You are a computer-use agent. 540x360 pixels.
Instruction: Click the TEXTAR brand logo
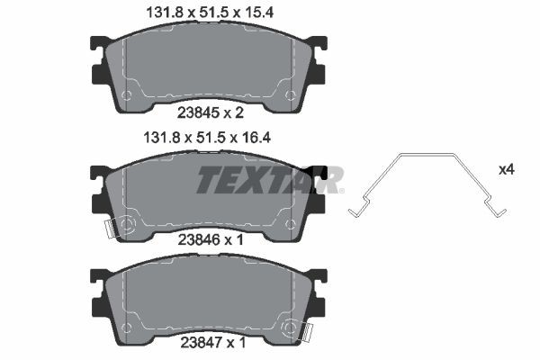[269, 180]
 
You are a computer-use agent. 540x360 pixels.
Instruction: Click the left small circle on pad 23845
[127, 94]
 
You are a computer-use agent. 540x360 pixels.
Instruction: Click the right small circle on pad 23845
[289, 94]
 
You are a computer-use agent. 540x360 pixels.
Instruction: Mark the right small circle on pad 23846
[289, 221]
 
